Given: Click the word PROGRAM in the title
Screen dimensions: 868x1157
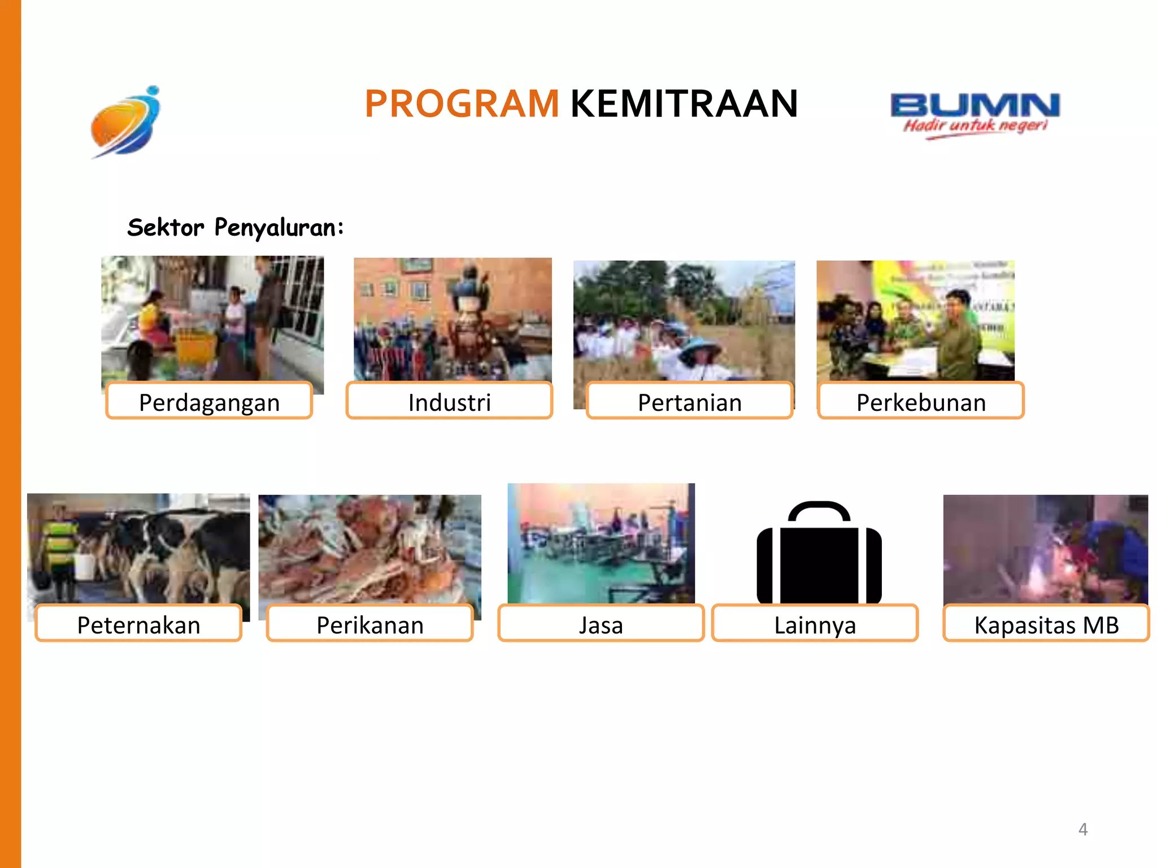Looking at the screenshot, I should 462,104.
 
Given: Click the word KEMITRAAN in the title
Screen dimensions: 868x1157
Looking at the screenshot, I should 684,104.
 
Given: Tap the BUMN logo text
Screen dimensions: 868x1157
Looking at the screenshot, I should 975,105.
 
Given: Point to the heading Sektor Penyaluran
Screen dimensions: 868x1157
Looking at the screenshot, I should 235,228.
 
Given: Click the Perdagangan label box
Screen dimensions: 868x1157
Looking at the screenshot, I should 209,401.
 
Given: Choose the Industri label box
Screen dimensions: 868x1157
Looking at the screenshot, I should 449,401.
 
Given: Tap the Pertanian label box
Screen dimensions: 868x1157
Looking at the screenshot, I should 689,401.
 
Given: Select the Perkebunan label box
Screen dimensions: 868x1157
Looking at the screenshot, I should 921,401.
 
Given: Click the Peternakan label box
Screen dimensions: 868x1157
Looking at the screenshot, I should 138,624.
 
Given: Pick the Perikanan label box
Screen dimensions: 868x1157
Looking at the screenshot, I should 370,624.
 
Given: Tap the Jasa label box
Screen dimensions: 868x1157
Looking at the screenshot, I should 601,624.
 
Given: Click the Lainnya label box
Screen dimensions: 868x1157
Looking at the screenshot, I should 815,624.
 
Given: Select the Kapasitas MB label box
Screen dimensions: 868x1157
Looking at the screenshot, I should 1046,624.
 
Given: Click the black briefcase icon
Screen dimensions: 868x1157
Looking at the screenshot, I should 819,565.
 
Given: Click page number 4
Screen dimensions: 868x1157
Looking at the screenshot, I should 1082,829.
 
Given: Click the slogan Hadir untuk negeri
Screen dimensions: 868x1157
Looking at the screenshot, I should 975,125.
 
